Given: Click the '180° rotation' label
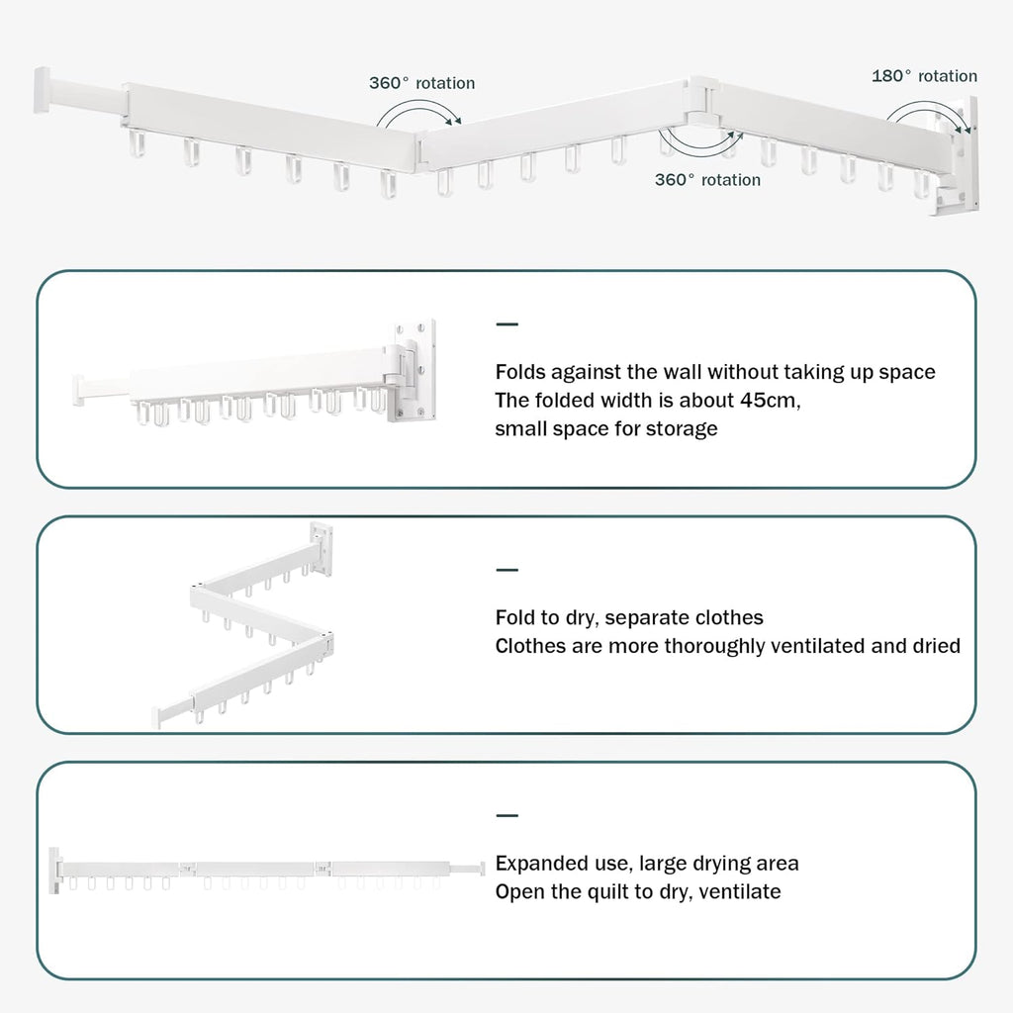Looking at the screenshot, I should coord(924,76).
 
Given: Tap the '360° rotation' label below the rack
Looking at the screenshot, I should coord(707,180).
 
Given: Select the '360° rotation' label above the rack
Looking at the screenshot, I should coord(421,83).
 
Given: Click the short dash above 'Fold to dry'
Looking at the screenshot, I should coord(506,570).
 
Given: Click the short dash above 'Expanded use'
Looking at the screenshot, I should coord(506,816).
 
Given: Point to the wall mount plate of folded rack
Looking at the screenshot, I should coord(415,367).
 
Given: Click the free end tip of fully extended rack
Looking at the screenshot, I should coord(481,869).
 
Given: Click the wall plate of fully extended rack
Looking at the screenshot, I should coord(54,868).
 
